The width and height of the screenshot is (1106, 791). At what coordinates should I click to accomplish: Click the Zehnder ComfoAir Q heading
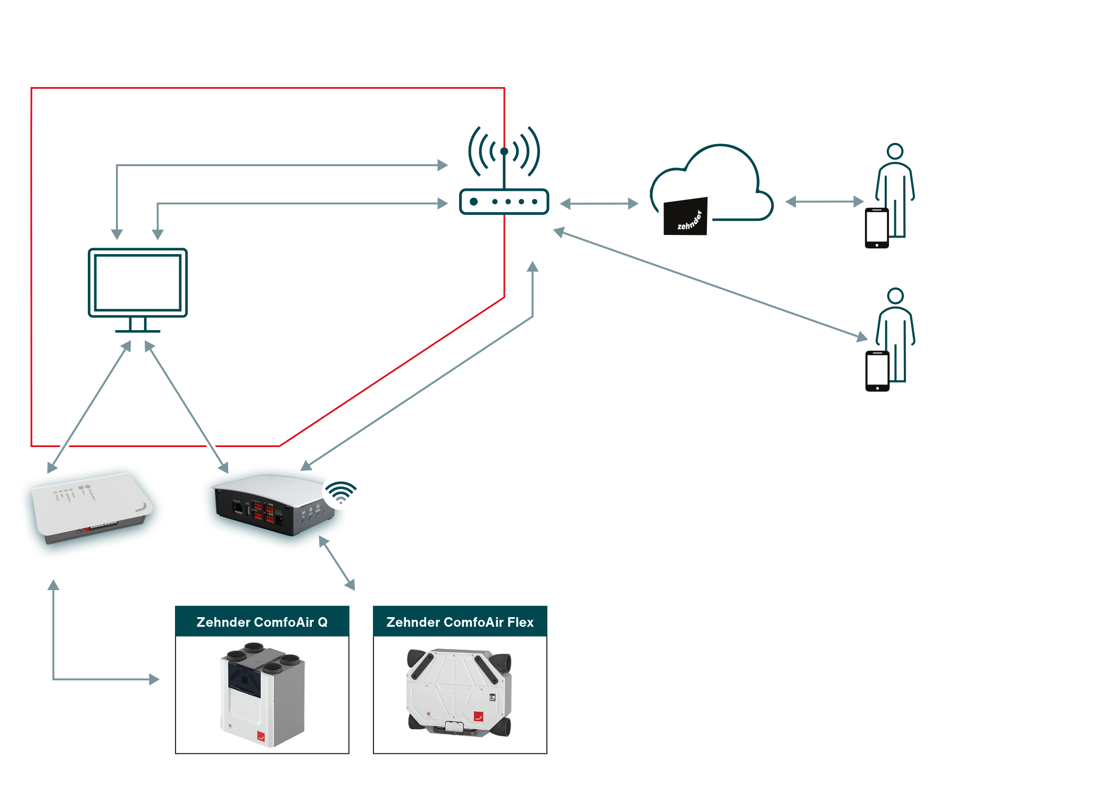pyautogui.click(x=262, y=622)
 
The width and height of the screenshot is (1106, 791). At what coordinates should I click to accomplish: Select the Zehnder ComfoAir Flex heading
pyautogui.click(x=460, y=622)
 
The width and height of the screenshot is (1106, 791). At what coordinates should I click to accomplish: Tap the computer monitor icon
pyautogui.click(x=137, y=283)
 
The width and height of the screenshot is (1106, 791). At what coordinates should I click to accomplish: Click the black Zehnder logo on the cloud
pyautogui.click(x=686, y=217)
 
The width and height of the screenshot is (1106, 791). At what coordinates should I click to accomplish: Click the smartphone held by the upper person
pyautogui.click(x=877, y=228)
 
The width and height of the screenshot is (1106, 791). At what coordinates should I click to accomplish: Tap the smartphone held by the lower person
pyautogui.click(x=877, y=371)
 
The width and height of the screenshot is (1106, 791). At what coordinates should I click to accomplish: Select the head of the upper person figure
pyautogui.click(x=895, y=152)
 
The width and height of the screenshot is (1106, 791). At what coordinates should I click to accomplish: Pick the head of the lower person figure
pyautogui.click(x=896, y=296)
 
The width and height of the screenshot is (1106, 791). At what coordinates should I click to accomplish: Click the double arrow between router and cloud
pyautogui.click(x=599, y=204)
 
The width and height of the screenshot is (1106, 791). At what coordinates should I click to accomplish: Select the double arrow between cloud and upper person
pyautogui.click(x=824, y=201)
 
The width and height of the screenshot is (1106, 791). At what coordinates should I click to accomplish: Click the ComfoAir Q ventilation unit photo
pyautogui.click(x=263, y=695)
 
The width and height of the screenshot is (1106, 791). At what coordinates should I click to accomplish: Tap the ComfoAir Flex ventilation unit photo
pyautogui.click(x=460, y=693)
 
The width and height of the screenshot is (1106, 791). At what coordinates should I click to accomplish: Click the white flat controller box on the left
pyautogui.click(x=90, y=508)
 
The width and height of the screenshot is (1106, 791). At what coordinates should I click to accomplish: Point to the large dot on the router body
pyautogui.click(x=473, y=202)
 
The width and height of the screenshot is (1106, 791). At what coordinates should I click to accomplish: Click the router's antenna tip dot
pyautogui.click(x=504, y=152)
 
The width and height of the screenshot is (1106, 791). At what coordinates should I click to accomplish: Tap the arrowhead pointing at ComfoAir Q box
pyautogui.click(x=154, y=679)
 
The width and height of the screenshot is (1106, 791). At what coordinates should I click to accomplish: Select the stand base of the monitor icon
pyautogui.click(x=137, y=331)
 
